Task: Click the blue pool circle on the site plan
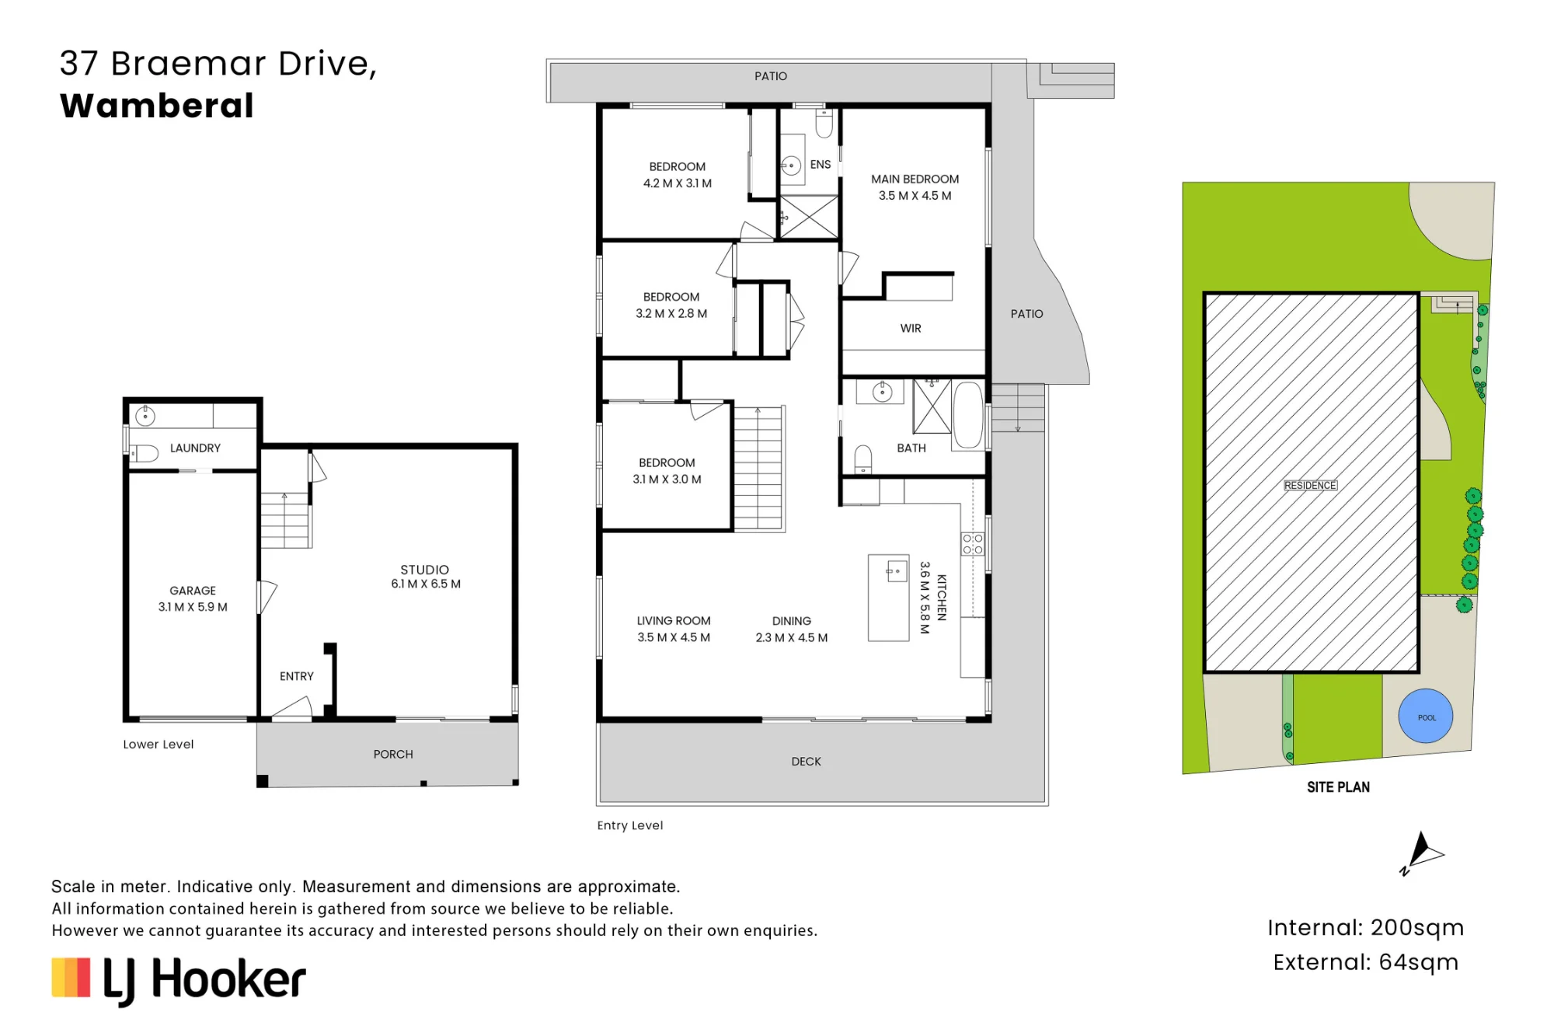click(x=1426, y=716)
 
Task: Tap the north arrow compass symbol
click(x=1421, y=853)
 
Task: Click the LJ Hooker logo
click(x=179, y=980)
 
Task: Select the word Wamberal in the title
click(x=157, y=106)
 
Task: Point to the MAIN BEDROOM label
click(x=915, y=179)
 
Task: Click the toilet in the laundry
click(x=143, y=453)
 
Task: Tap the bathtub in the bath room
click(x=968, y=415)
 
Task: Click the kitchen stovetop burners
click(x=973, y=544)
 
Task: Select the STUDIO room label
click(x=424, y=570)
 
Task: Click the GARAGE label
click(x=193, y=591)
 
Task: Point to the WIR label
click(x=911, y=329)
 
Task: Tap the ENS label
click(x=821, y=165)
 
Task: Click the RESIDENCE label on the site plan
click(x=1310, y=485)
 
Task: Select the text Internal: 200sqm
click(x=1365, y=927)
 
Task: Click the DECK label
click(x=806, y=762)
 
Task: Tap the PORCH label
click(x=393, y=754)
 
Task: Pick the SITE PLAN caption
click(x=1338, y=787)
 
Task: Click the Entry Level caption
click(x=630, y=825)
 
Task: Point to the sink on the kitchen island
click(x=897, y=571)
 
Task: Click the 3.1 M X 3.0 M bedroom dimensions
click(x=667, y=480)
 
